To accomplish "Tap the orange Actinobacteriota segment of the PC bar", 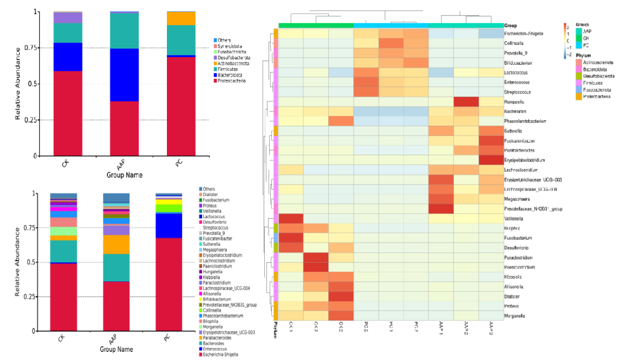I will (181, 18).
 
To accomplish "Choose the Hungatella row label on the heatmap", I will (516, 102).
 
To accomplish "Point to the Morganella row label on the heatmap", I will (516, 316).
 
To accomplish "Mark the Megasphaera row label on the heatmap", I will (517, 199).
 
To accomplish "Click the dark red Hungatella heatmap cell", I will (466, 102).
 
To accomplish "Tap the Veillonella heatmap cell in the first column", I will (291, 219).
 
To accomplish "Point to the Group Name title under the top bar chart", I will (125, 175).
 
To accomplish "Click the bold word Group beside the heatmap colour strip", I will (510, 26).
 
